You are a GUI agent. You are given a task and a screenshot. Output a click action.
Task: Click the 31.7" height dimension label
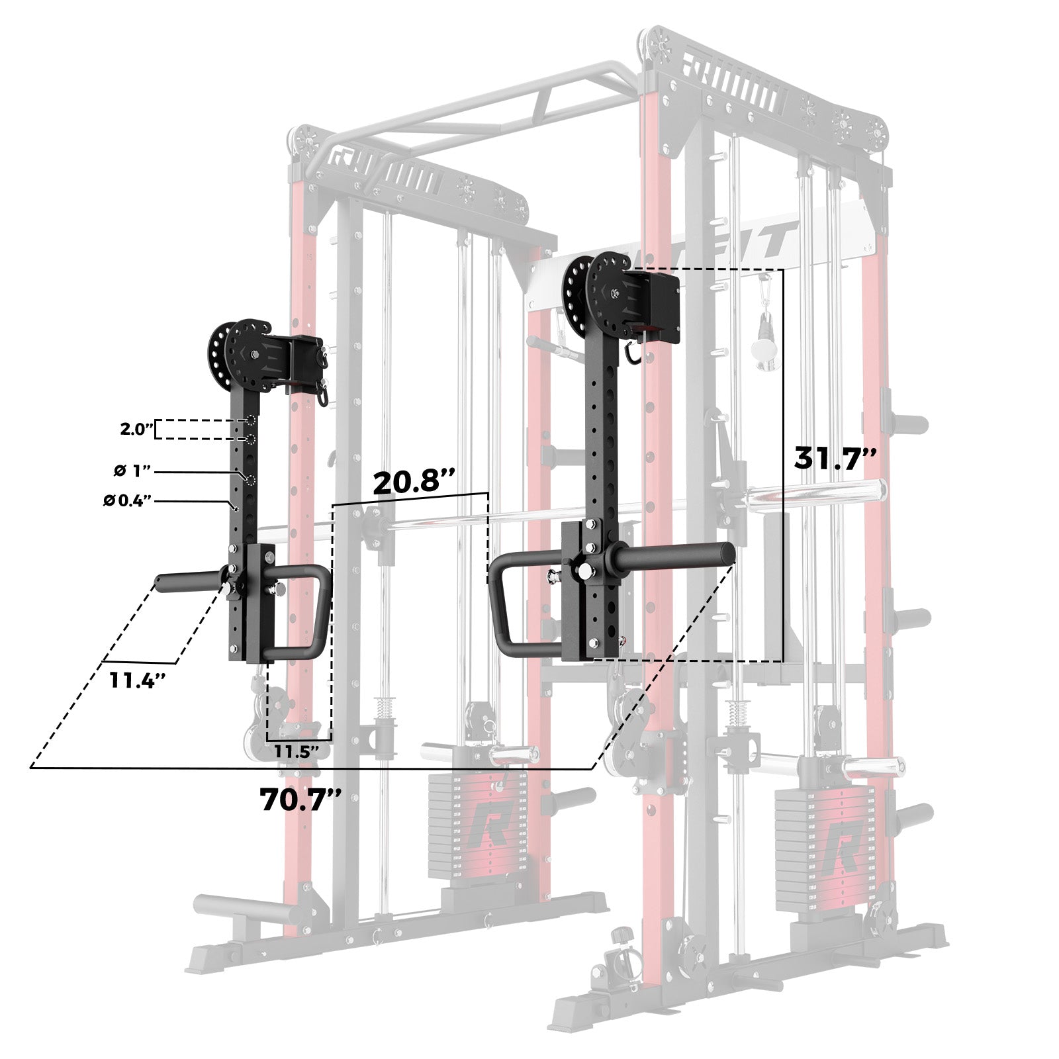[835, 457]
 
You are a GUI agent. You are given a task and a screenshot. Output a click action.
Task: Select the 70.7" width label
[300, 799]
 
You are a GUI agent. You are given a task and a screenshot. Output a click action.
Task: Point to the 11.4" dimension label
[137, 680]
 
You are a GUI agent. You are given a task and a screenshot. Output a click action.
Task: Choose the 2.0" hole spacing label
[136, 429]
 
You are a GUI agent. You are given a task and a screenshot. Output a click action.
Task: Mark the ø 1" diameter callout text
[132, 471]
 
